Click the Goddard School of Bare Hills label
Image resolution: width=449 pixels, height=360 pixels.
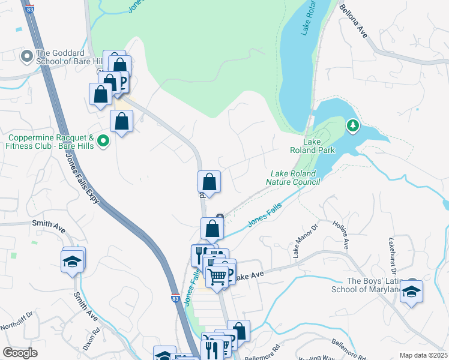click(70, 57)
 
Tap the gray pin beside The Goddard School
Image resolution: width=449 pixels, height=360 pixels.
click(26, 57)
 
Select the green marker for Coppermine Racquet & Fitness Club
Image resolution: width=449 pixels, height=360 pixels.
click(103, 141)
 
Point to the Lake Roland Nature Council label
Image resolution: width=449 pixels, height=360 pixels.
click(299, 178)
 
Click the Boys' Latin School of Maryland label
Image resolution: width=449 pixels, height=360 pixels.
click(365, 286)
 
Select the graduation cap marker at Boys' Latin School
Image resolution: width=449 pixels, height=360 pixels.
click(411, 292)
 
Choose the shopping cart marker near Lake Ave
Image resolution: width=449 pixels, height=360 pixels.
click(217, 276)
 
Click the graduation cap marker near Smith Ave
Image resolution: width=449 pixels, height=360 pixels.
click(73, 261)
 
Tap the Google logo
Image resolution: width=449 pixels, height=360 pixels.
click(20, 353)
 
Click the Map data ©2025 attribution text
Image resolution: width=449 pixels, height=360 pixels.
click(423, 355)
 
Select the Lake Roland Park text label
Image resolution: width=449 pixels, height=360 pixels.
click(319, 146)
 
